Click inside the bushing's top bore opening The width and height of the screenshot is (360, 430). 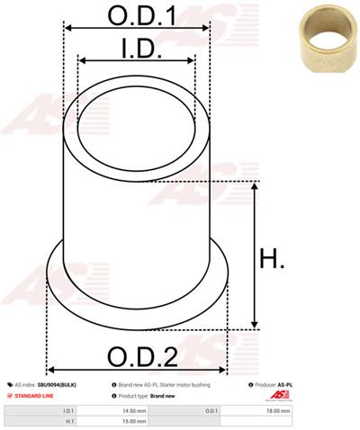[135, 121]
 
